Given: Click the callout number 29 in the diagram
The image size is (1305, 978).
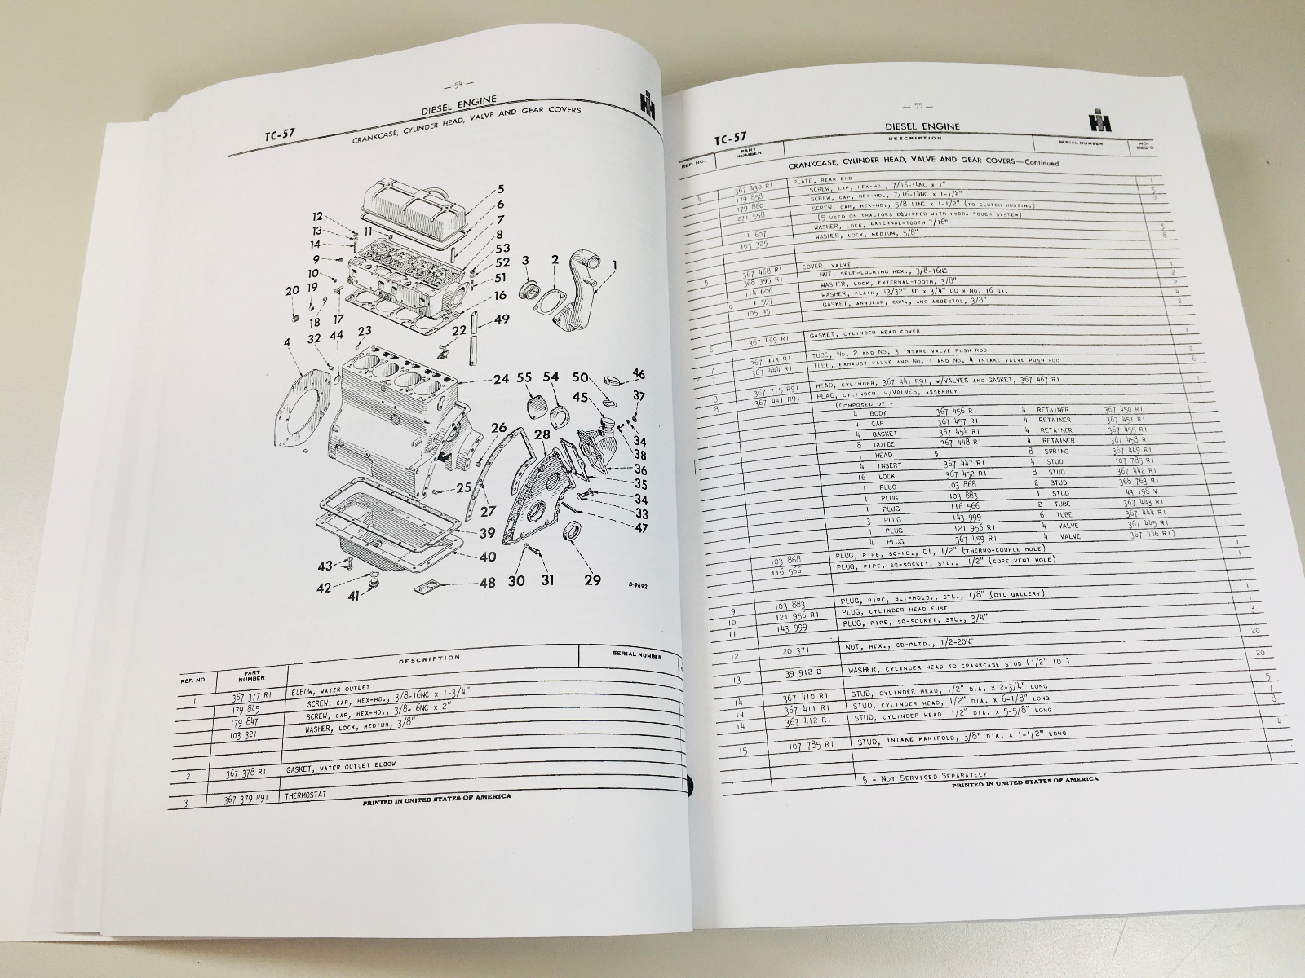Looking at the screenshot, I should (593, 579).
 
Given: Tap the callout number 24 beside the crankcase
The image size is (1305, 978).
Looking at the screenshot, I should (501, 379).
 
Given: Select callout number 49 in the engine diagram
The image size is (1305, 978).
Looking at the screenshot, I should (502, 319).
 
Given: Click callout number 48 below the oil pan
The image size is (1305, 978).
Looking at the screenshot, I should (488, 583).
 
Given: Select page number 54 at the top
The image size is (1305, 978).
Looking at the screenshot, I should (449, 84).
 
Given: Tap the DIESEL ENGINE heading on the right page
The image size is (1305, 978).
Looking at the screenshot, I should (921, 126).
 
